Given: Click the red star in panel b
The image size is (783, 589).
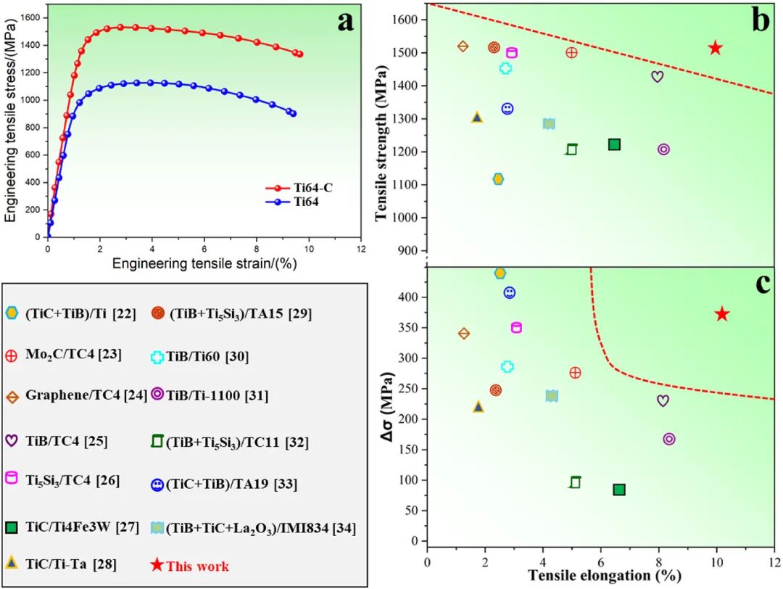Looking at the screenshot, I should coord(716,48).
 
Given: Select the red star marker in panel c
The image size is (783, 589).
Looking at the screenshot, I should coord(721,314).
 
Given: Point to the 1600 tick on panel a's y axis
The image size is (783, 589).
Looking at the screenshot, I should coord(32,17).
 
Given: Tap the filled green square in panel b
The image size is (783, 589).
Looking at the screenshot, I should coord(614,144).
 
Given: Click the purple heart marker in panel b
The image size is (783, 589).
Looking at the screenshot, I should coord(658,76).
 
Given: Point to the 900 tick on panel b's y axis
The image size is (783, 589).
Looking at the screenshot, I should coord(410,250).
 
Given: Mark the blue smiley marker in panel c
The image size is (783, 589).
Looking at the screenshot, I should coord(510,293).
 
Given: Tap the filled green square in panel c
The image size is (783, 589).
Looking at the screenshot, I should coord(619,490).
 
